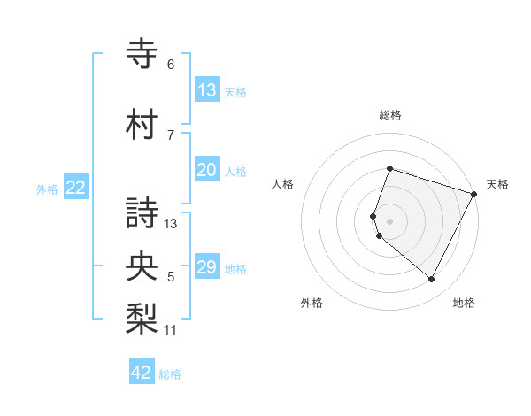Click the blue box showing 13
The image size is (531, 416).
tap(206, 89)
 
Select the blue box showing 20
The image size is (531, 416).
tap(206, 170)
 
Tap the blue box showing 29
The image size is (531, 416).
tap(206, 267)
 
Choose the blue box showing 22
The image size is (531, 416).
tap(76, 188)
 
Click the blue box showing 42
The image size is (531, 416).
tap(142, 373)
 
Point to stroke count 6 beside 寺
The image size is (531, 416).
tap(171, 65)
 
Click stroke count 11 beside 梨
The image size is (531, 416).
tap(171, 331)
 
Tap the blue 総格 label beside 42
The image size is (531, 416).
tap(170, 374)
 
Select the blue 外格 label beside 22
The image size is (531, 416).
tap(47, 189)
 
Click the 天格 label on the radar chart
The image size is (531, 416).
tap(497, 184)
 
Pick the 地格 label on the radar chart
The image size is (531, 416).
tap(464, 303)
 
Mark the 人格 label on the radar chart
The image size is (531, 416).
tap(282, 184)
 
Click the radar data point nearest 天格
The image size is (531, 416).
tap(474, 194)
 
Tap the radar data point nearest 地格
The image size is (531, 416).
tap(432, 280)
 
